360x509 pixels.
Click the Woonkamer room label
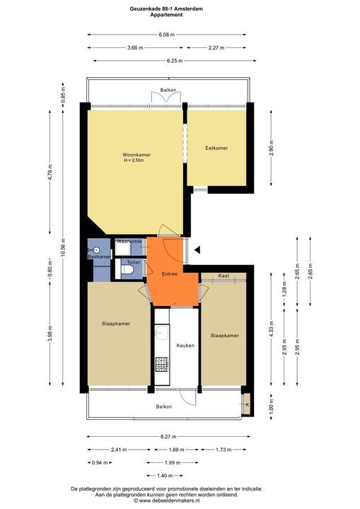click(137, 155)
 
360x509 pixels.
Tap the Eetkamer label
click(216, 148)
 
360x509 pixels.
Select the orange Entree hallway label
click(170, 274)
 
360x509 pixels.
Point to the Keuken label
click(185, 346)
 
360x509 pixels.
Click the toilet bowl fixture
click(127, 269)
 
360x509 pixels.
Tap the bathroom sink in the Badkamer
click(96, 250)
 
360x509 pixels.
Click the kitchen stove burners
click(161, 364)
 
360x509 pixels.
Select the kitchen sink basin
click(161, 333)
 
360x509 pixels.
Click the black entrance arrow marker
click(197, 250)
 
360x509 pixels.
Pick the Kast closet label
click(223, 276)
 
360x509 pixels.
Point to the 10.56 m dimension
click(63, 248)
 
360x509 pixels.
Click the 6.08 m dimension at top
click(166, 35)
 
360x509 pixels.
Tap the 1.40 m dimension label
click(165, 476)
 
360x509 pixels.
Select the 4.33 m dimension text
click(272, 329)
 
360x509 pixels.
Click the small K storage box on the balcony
click(247, 404)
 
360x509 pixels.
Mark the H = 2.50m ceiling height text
click(134, 160)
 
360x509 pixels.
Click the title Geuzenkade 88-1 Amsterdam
click(166, 9)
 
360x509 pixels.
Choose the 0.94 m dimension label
click(100, 462)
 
